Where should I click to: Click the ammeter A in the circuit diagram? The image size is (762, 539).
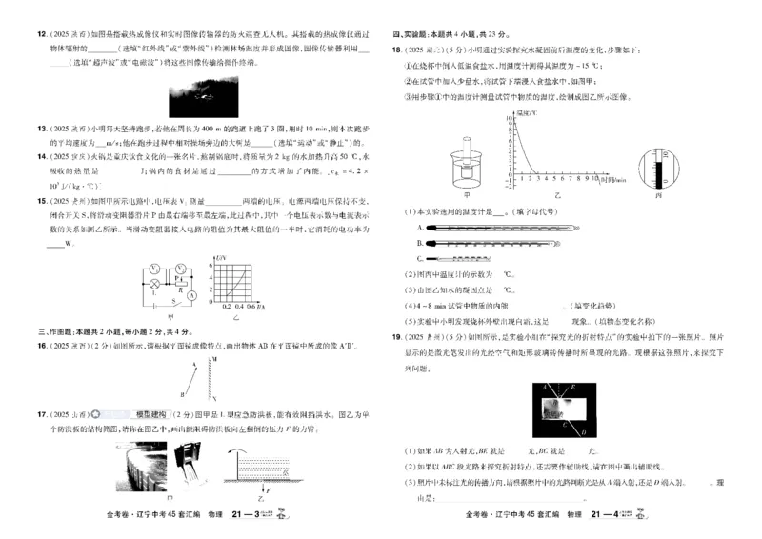pyautogui.click(x=191, y=295)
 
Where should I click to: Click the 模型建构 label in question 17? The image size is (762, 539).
pyautogui.click(x=150, y=415)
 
